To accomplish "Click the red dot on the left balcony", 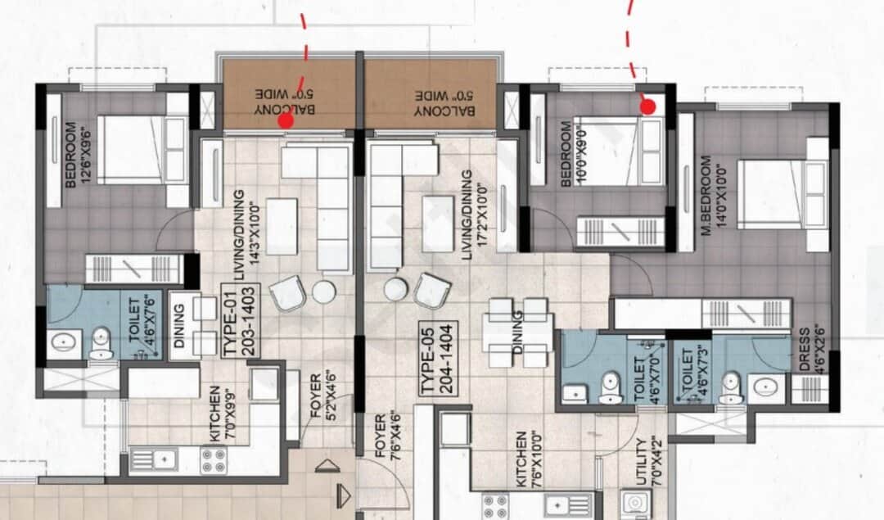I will [x=286, y=121].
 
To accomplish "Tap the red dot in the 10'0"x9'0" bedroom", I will [x=648, y=106].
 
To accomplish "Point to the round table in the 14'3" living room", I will [x=324, y=292].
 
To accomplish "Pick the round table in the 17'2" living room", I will [x=396, y=288].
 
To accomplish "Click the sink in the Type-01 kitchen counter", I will [x=163, y=461].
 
